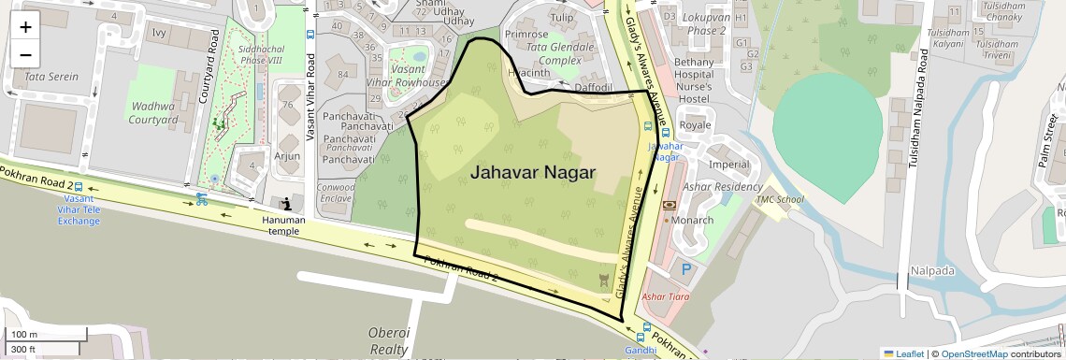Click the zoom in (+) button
tap(25, 26)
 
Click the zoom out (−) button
tap(25, 54)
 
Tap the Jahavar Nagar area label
tap(532, 172)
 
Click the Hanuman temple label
tap(283, 226)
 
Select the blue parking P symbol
tap(686, 269)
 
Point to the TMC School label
tap(779, 199)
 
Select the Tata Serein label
tap(51, 77)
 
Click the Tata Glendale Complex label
tap(560, 53)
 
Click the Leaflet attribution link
tap(903, 353)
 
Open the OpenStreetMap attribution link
tap(973, 353)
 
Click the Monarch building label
tap(693, 221)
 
